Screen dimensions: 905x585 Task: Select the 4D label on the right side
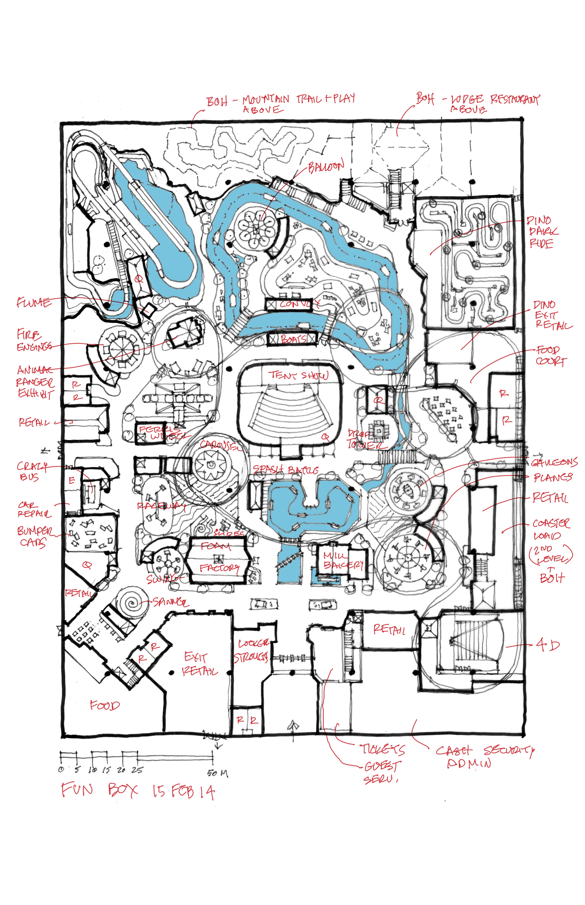point(547,645)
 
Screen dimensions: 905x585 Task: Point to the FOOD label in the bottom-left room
point(105,706)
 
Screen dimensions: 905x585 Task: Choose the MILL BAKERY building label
point(343,560)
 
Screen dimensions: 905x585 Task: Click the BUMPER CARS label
point(35,536)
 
